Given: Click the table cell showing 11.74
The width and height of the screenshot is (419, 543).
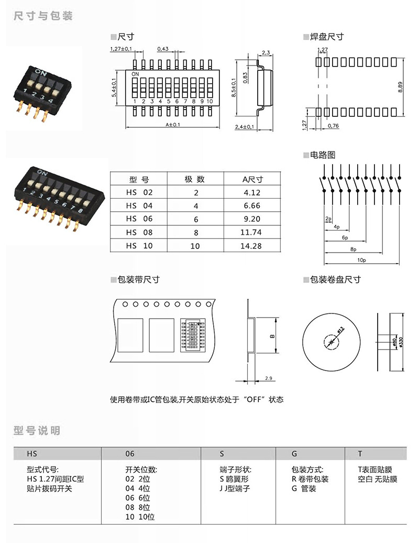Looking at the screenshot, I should pyautogui.click(x=252, y=232).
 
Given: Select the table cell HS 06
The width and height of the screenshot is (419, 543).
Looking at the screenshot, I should pyautogui.click(x=139, y=219).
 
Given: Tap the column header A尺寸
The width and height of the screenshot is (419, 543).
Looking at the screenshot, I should pyautogui.click(x=252, y=179).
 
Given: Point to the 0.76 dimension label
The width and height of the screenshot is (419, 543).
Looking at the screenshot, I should pyautogui.click(x=333, y=126).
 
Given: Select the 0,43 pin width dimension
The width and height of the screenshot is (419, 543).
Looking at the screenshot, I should pyautogui.click(x=162, y=49).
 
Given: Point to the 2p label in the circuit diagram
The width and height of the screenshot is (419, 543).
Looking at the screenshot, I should pyautogui.click(x=328, y=218).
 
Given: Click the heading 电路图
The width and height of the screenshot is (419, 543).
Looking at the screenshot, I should pyautogui.click(x=322, y=155).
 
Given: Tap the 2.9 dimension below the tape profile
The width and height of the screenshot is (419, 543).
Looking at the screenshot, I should pyautogui.click(x=269, y=378).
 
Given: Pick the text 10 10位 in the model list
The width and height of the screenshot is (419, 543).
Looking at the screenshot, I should pyautogui.click(x=140, y=516).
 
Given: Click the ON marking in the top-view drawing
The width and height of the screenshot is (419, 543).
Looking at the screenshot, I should pyautogui.click(x=135, y=74).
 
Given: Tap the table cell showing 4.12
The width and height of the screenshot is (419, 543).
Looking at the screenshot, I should pyautogui.click(x=252, y=193).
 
